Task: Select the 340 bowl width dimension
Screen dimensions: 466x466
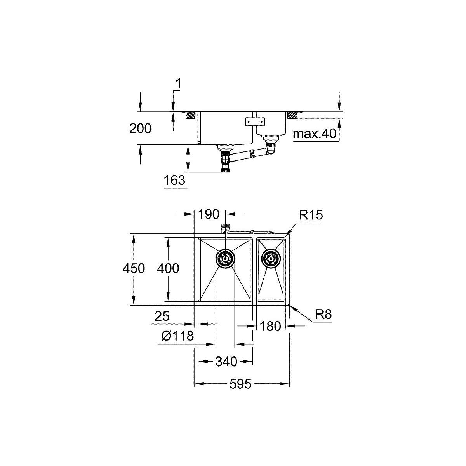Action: [x=226, y=362]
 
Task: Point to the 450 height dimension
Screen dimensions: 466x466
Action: [x=134, y=269]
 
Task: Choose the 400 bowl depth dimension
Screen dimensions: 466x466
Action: [x=168, y=269]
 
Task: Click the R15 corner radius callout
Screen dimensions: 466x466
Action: [x=311, y=216]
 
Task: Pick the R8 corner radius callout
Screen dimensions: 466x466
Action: [x=323, y=315]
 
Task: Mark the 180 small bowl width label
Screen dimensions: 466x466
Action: [x=270, y=326]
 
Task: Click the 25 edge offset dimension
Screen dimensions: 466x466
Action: [x=162, y=316]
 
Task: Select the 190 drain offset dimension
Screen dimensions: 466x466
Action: [x=209, y=214]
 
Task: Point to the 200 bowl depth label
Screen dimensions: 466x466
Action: [x=140, y=129]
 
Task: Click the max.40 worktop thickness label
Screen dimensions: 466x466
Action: [x=314, y=134]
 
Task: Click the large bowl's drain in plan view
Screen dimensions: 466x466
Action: [x=225, y=258]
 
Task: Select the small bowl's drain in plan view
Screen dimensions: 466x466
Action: [x=271, y=258]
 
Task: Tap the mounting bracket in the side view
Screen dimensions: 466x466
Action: [x=255, y=122]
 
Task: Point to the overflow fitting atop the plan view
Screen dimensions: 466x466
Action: [x=225, y=228]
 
